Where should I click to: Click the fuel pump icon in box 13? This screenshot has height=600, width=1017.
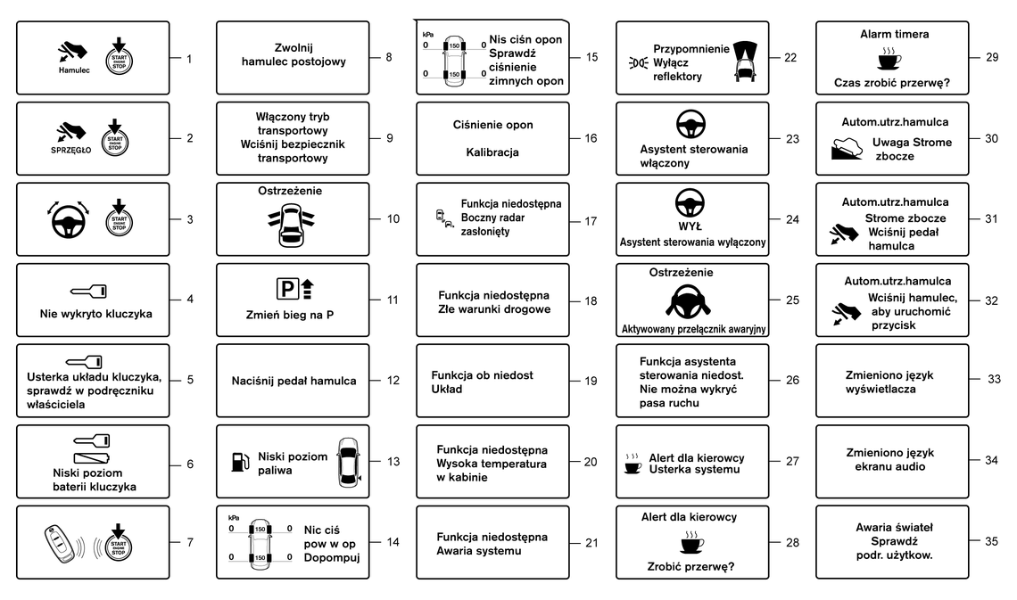(x=240, y=461)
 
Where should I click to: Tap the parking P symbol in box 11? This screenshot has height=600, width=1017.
(x=286, y=288)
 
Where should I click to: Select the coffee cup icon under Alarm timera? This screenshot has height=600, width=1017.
(x=889, y=59)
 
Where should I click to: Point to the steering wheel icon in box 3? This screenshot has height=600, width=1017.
(x=68, y=219)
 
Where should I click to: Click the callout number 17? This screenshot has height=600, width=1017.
(x=591, y=222)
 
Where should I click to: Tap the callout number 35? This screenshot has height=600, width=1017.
(x=991, y=541)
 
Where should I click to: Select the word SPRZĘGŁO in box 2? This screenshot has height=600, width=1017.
(x=71, y=151)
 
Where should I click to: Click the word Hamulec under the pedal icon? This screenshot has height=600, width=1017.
(x=74, y=70)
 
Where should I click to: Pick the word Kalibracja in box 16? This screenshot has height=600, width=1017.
(x=492, y=152)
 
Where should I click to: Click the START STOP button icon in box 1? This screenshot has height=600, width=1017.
(x=119, y=56)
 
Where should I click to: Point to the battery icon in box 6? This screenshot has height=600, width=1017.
(x=92, y=458)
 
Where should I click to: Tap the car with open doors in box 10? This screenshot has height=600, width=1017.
(x=291, y=225)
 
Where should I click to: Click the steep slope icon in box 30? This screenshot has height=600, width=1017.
(x=847, y=148)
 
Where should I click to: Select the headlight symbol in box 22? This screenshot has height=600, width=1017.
(x=638, y=62)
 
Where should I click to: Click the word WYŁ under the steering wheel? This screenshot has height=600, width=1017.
(x=690, y=226)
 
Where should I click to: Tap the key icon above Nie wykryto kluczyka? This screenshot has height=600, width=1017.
(x=89, y=292)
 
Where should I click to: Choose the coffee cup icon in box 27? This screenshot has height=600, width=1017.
(x=633, y=464)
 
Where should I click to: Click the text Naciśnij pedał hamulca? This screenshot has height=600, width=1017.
(x=294, y=381)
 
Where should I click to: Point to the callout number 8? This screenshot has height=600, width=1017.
(x=388, y=57)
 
